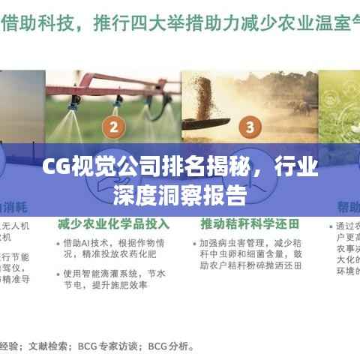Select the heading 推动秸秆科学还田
250,224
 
